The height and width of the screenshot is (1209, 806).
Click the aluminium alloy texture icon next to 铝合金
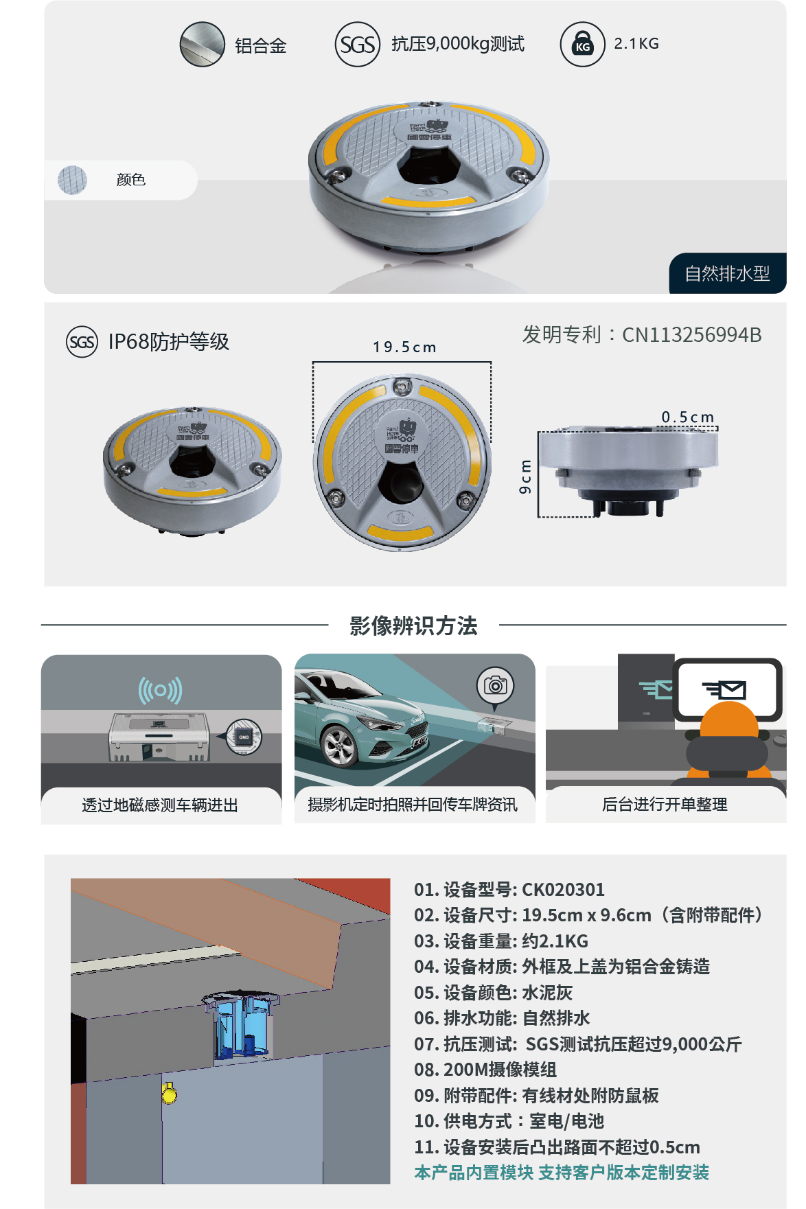point(202,45)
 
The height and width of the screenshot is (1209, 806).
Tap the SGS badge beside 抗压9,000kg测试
point(357,45)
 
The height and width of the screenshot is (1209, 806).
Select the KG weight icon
point(582,45)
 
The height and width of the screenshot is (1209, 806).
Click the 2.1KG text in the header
point(636,44)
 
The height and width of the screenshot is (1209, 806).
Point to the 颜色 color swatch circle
point(72,180)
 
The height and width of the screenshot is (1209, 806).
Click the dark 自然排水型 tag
point(727,273)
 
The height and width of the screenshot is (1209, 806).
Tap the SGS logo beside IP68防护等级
point(82,342)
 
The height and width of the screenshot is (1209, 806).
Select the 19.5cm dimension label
point(404,347)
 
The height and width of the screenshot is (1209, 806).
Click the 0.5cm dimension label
point(687,417)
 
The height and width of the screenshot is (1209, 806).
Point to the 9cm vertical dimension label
point(525,476)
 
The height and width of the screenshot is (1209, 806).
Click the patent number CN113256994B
point(691,335)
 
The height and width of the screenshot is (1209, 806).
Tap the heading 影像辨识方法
point(413,625)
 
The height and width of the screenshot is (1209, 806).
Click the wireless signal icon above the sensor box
point(160,690)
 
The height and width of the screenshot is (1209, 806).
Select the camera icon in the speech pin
point(495,685)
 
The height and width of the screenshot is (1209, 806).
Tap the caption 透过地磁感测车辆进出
point(160,805)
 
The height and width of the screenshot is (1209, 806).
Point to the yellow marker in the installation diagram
point(169,1092)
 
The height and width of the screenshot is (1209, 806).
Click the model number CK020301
point(563,890)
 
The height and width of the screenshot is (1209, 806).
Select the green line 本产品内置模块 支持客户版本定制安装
point(561,1173)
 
